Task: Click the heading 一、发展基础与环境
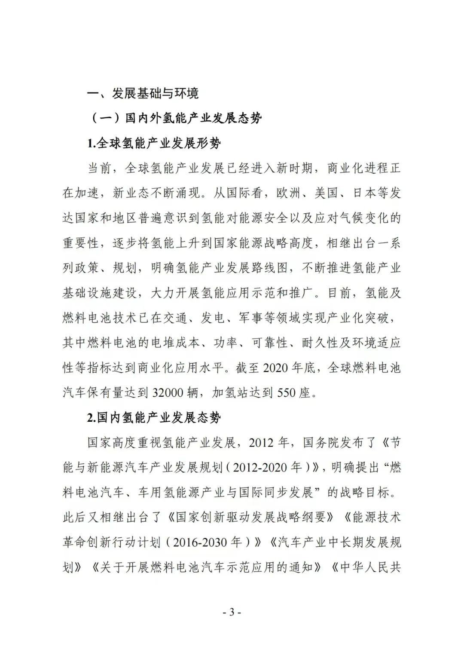[143, 93]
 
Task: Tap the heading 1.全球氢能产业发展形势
[154, 143]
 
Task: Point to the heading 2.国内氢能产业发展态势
[154, 417]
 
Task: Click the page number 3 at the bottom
[232, 612]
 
